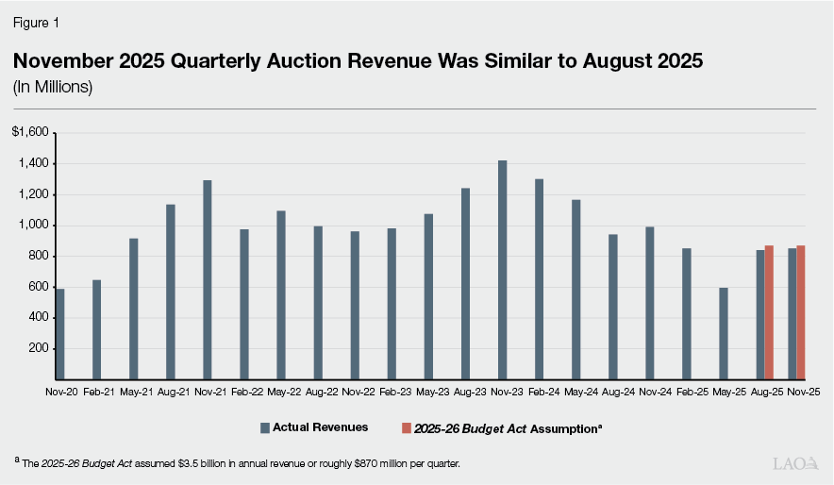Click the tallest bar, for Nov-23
pyautogui.click(x=503, y=270)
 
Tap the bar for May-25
pyautogui.click(x=724, y=333)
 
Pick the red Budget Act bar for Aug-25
pyautogui.click(x=769, y=312)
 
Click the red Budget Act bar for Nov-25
pyautogui.click(x=801, y=312)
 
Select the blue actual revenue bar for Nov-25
pyautogui.click(x=792, y=314)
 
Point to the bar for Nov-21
pyautogui.click(x=208, y=279)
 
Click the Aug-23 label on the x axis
pyautogui.click(x=465, y=391)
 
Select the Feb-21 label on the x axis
pyautogui.click(x=97, y=391)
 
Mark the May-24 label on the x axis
pyautogui.click(x=575, y=391)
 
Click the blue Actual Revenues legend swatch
pyautogui.click(x=265, y=428)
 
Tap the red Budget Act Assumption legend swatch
pyautogui.click(x=407, y=428)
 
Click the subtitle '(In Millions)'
pyautogui.click(x=53, y=87)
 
